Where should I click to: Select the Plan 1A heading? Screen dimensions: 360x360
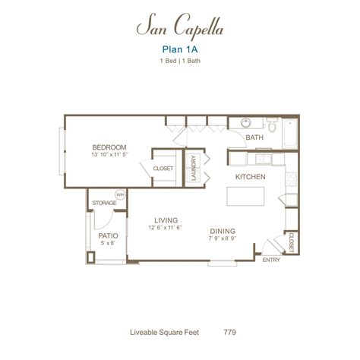tap(180, 50)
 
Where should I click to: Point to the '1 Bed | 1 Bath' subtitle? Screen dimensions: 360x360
tap(180, 62)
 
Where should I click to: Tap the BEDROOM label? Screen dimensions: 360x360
tap(109, 147)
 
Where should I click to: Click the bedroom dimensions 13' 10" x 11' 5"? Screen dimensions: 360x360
tap(109, 155)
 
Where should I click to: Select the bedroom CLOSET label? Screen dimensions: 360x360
tap(163, 168)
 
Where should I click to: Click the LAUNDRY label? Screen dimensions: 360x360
tap(195, 167)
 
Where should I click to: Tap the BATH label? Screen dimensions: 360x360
tap(254, 137)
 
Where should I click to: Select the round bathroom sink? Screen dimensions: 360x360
tap(246, 124)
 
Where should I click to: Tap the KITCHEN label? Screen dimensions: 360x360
tap(250, 176)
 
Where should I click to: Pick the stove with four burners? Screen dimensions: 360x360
tap(289, 178)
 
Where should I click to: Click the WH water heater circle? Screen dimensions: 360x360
tap(119, 194)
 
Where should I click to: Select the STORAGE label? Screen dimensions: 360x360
tap(103, 204)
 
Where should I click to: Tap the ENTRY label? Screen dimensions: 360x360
tap(270, 260)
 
